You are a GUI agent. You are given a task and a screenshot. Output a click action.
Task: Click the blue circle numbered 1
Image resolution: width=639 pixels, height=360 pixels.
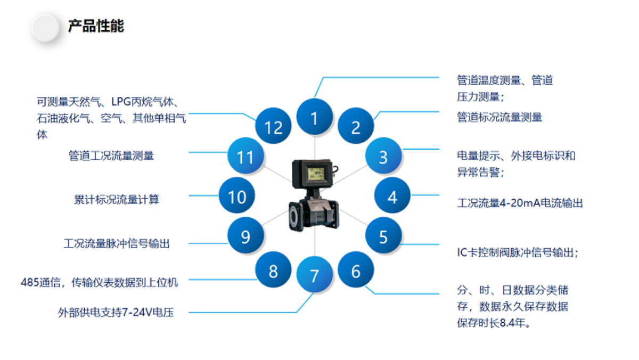(x=314, y=118)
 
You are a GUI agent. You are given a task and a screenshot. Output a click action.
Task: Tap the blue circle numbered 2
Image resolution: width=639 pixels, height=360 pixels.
(x=356, y=127)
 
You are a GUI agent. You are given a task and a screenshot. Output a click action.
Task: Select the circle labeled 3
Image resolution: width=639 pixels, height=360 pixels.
(x=383, y=157)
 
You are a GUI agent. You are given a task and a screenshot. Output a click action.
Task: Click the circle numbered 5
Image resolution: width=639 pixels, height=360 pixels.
(x=383, y=236)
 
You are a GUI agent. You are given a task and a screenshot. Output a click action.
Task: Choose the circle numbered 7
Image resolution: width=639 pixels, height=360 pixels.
(x=314, y=275)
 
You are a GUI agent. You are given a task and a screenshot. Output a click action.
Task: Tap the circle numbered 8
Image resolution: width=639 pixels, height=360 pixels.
(x=273, y=271)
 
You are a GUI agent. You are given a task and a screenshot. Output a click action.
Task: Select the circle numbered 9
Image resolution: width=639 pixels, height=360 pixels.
(x=246, y=236)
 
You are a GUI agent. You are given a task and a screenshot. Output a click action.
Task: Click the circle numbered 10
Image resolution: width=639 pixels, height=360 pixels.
(x=237, y=197)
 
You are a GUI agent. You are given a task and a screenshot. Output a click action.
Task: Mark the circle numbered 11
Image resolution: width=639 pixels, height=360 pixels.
(x=246, y=157)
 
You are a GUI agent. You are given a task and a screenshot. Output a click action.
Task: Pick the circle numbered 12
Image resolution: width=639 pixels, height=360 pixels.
(x=273, y=127)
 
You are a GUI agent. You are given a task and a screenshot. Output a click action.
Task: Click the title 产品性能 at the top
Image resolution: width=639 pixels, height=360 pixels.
(x=96, y=26)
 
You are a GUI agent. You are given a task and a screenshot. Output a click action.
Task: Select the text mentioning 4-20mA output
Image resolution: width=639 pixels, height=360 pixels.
(x=520, y=203)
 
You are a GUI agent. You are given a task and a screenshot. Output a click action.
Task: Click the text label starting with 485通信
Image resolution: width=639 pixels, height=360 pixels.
(x=99, y=282)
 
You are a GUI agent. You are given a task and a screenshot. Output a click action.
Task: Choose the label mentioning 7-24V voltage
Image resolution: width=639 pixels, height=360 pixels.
(x=116, y=313)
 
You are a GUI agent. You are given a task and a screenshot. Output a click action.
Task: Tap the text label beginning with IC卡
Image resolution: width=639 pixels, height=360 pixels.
(x=517, y=252)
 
